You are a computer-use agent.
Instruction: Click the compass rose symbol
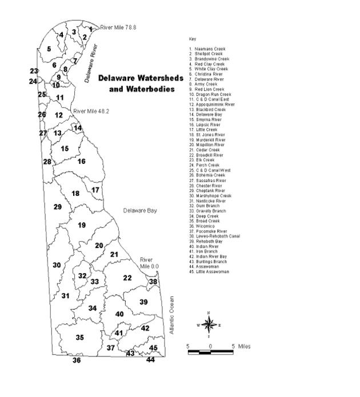[x=209, y=325]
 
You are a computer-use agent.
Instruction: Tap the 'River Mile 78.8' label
[x=118, y=27]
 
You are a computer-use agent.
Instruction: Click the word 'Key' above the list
[x=192, y=39]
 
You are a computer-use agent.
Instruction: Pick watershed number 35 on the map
[x=79, y=338]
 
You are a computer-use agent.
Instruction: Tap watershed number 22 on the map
[x=127, y=278]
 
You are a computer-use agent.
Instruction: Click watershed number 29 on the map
[x=57, y=207]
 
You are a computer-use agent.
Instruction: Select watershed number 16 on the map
[x=81, y=162]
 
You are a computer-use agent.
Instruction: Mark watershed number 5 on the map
[x=49, y=49]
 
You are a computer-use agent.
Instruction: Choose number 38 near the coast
[x=153, y=282]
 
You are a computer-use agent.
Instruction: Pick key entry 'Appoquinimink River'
[x=214, y=105]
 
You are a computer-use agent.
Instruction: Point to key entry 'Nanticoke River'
[x=210, y=201]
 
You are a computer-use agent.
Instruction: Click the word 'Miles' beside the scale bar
[x=244, y=346]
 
